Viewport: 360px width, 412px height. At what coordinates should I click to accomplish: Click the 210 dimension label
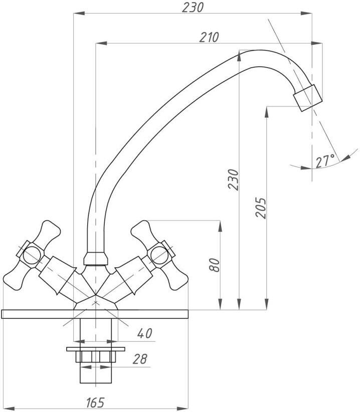(x=209, y=37)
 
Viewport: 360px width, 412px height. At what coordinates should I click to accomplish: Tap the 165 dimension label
(x=95, y=402)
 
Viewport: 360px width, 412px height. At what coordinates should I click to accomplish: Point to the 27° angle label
(x=325, y=161)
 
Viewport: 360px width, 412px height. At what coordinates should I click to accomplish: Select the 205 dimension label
(x=261, y=208)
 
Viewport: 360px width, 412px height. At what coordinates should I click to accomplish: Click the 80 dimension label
(x=214, y=265)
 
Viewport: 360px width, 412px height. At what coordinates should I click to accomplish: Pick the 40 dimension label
(x=144, y=333)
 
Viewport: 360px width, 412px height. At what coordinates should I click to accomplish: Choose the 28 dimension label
(x=140, y=359)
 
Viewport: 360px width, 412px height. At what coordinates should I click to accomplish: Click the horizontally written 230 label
(x=193, y=8)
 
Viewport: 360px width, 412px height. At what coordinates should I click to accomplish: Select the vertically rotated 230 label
(x=233, y=179)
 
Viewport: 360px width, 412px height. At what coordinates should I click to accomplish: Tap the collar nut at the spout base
(x=96, y=259)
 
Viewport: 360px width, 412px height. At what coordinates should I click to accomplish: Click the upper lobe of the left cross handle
(x=51, y=232)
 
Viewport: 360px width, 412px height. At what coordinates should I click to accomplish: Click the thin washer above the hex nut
(x=96, y=349)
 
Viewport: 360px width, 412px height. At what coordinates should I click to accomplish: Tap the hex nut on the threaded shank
(x=96, y=357)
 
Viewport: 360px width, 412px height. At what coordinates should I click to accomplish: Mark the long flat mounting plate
(x=95, y=314)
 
